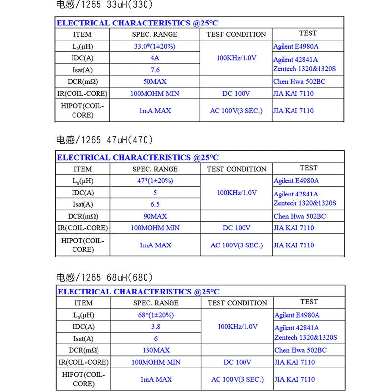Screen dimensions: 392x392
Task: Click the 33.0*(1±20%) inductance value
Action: [x=155, y=46]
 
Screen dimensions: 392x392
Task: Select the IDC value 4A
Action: [x=155, y=58]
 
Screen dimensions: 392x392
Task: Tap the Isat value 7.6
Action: [x=155, y=70]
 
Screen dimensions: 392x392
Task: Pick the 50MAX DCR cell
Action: [x=155, y=81]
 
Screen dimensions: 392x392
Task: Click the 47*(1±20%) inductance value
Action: [x=155, y=181]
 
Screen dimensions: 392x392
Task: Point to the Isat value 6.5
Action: [x=155, y=204]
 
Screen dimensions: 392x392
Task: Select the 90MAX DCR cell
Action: [x=155, y=216]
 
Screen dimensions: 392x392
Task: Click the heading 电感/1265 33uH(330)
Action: [x=105, y=6]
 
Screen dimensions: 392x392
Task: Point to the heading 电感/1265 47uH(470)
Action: [x=105, y=140]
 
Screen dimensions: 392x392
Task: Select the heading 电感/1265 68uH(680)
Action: [x=105, y=277]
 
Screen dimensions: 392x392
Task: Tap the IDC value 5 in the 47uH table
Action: [x=155, y=193]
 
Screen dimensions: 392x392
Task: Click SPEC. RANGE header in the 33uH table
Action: [x=155, y=34]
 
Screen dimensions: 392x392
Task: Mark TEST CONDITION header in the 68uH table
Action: [x=237, y=303]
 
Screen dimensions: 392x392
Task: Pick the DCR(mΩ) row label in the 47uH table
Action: [x=82, y=216]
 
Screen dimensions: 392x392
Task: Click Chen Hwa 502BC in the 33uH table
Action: [x=299, y=81]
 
